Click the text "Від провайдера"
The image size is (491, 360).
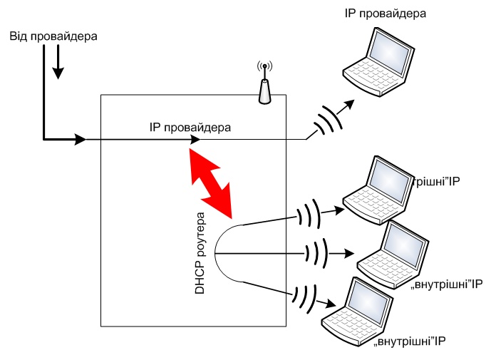point(53,36)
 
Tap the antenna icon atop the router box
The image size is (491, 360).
point(264,84)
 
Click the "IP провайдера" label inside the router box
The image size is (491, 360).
point(190,127)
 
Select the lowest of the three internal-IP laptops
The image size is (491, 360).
point(357,307)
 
